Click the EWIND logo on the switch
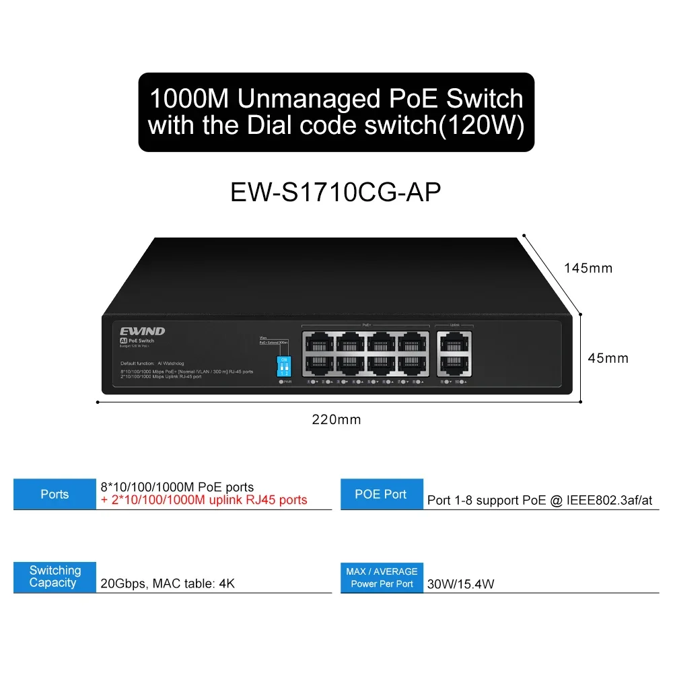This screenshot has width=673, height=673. tap(143, 331)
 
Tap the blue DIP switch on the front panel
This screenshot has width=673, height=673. tap(284, 367)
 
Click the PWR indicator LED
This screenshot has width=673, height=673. tap(282, 382)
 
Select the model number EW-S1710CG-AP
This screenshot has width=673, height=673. tap(336, 192)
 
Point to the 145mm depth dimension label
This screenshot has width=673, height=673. tap(588, 268)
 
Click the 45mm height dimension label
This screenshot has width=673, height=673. tap(608, 358)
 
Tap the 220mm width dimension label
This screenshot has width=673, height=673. tap(336, 420)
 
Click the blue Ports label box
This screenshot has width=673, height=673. tap(55, 494)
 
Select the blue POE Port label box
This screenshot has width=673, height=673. tap(382, 494)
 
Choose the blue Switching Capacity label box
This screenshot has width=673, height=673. tap(55, 577)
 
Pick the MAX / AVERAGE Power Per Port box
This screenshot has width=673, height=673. tap(382, 577)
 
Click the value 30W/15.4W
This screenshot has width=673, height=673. tap(460, 584)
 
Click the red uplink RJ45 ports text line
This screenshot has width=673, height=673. tap(204, 500)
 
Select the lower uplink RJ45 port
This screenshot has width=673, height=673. tap(454, 364)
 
